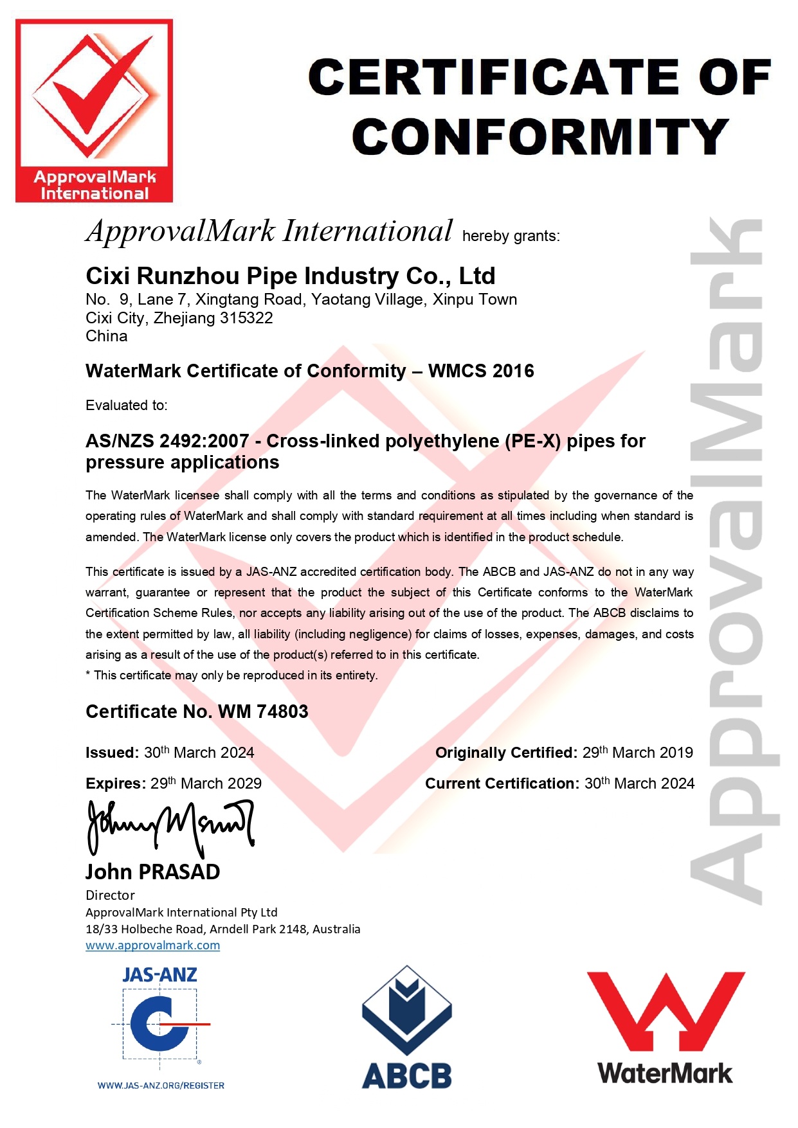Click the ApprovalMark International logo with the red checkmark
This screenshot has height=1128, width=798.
click(x=94, y=111)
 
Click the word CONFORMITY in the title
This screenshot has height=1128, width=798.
click(x=540, y=137)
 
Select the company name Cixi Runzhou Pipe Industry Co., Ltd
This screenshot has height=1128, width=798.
click(x=291, y=276)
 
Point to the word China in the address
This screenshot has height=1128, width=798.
click(x=107, y=336)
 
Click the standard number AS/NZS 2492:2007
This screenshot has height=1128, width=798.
click(x=167, y=441)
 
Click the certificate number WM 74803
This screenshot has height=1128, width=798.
click(x=263, y=712)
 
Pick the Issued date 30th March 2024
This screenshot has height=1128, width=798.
click(x=199, y=753)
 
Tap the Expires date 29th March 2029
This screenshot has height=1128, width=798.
click(x=206, y=783)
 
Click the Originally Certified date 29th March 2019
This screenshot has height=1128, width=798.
click(x=637, y=753)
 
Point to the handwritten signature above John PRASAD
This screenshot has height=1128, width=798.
click(x=170, y=827)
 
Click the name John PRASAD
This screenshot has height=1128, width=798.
click(x=153, y=872)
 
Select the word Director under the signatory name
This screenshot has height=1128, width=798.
click(x=110, y=895)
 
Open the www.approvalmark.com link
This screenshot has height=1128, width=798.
click(x=153, y=945)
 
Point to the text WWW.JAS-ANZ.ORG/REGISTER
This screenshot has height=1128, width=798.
click(x=161, y=1086)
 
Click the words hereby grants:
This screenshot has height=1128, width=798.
click(x=511, y=236)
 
